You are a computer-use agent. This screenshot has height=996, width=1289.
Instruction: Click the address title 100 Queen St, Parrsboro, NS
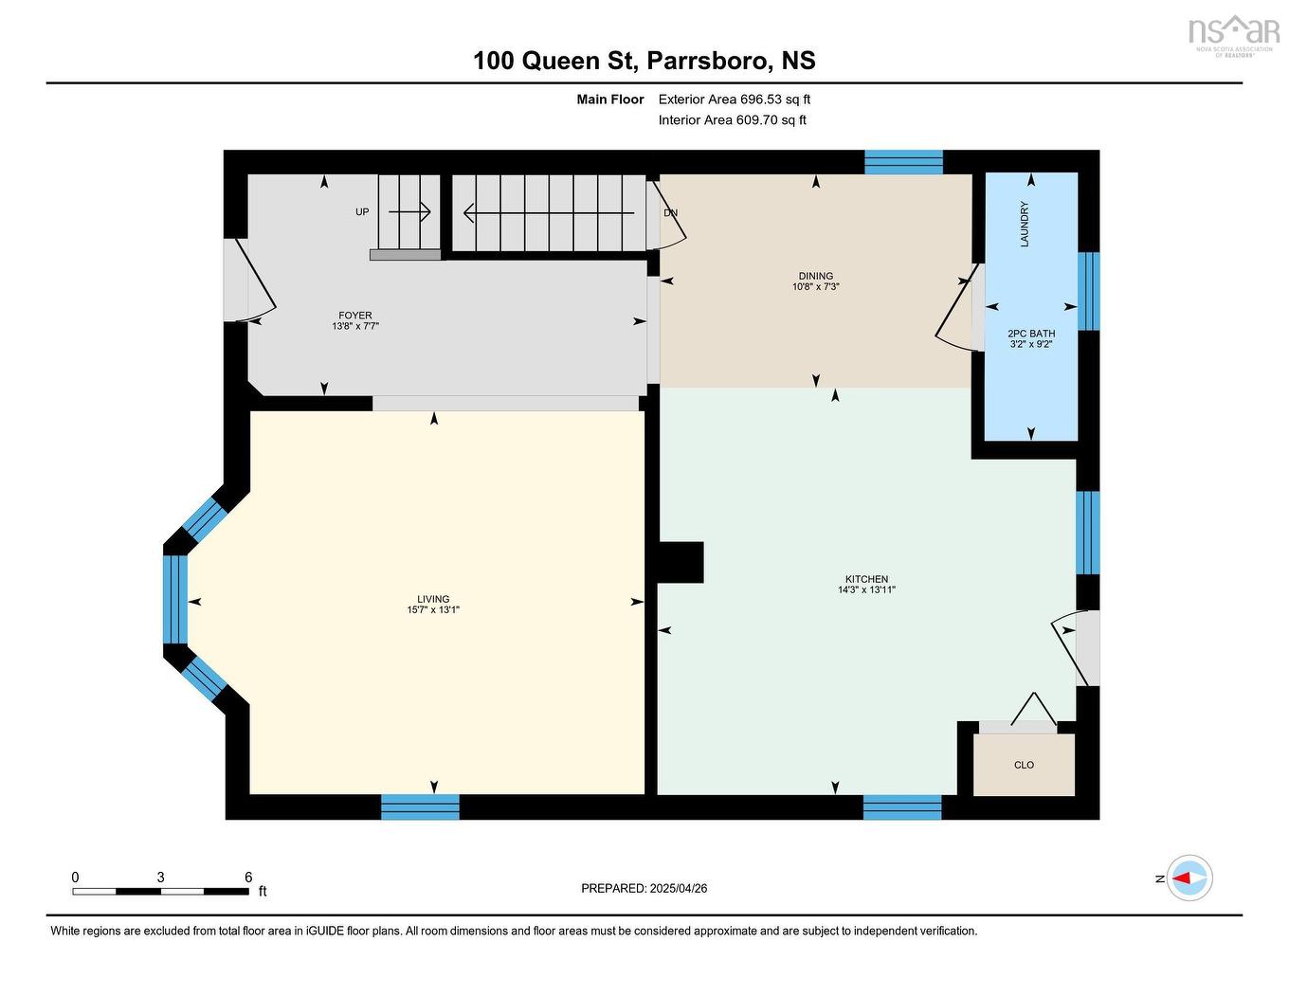tap(644, 61)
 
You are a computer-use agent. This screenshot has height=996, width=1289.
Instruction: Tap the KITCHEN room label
tap(866, 579)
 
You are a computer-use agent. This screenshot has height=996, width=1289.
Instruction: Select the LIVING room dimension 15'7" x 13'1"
tap(433, 610)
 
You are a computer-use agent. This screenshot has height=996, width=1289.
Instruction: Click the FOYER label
tap(355, 316)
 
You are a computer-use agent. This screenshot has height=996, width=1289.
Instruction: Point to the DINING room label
tap(815, 276)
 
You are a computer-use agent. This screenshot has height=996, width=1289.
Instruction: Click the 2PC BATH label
tap(1030, 334)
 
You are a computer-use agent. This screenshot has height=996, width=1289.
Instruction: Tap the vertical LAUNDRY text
tap(1025, 225)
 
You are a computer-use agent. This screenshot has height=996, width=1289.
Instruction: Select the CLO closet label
tap(1024, 765)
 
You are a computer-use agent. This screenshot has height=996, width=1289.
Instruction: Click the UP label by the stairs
tap(362, 212)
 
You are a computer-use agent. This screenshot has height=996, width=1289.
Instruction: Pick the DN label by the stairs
tap(670, 213)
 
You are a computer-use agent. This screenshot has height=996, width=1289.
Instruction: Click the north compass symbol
tap(1189, 878)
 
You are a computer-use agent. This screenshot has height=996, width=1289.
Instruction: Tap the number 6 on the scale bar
tap(248, 878)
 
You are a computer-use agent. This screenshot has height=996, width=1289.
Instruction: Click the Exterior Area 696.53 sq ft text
tap(734, 100)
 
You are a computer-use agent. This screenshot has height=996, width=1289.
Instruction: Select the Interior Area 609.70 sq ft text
tap(732, 120)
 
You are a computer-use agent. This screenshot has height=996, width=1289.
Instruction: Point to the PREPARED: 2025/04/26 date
tap(644, 889)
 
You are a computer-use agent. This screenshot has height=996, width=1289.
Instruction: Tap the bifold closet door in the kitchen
tap(1032, 710)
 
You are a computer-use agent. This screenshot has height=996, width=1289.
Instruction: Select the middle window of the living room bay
tap(175, 600)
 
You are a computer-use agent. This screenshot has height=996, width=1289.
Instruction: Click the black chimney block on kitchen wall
tap(679, 562)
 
